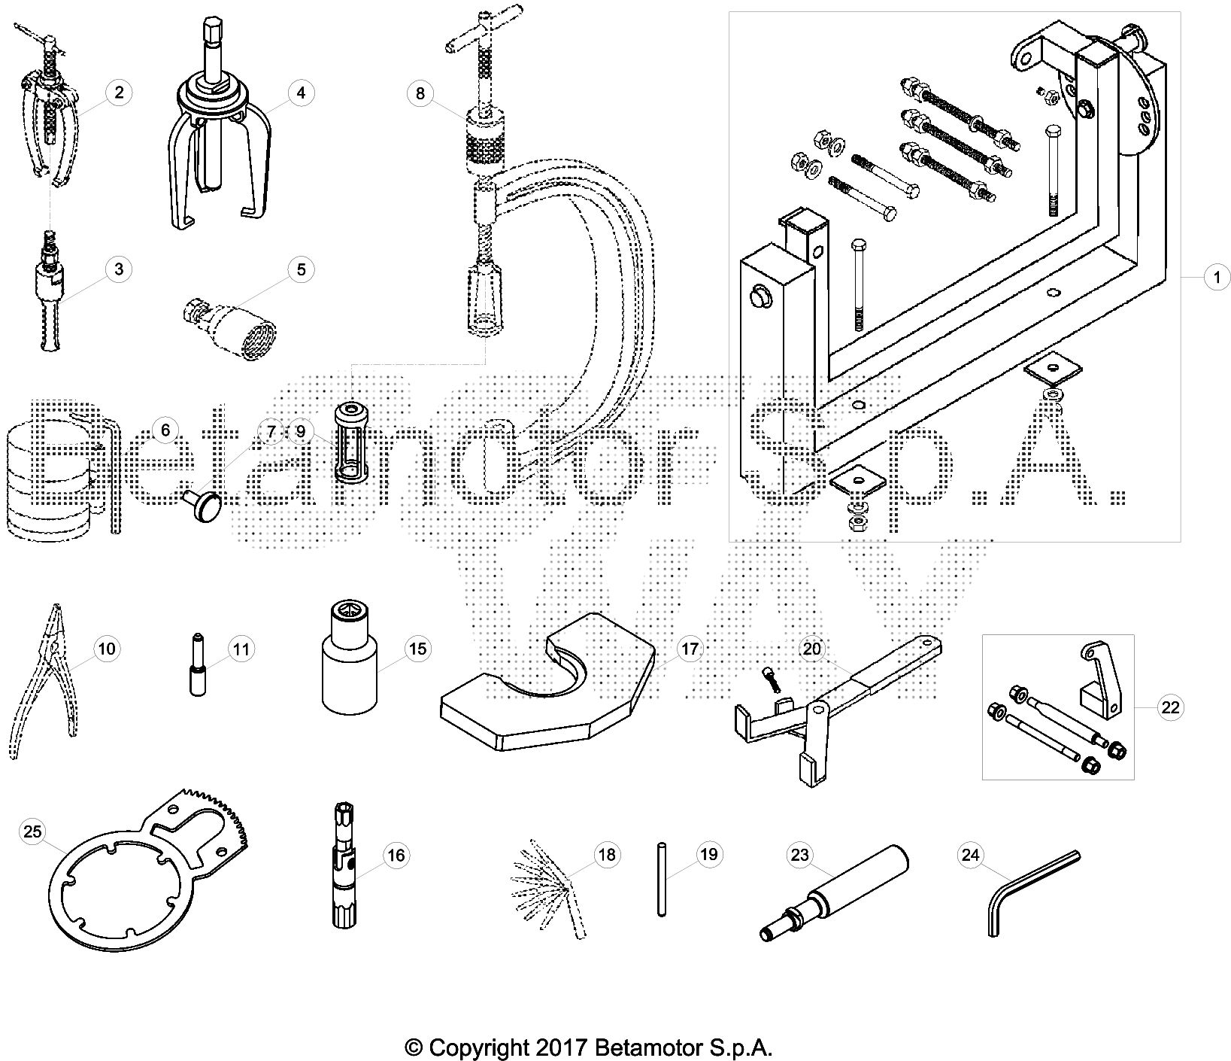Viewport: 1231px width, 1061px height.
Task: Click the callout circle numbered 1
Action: pyautogui.click(x=1216, y=278)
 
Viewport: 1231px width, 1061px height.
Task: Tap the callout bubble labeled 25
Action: pyautogui.click(x=32, y=831)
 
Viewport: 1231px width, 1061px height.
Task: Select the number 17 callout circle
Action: pyautogui.click(x=690, y=649)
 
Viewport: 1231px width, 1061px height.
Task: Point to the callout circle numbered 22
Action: pyautogui.click(x=1171, y=707)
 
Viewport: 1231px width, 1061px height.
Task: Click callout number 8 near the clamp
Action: pyautogui.click(x=420, y=93)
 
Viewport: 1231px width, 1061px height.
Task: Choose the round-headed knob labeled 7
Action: pyautogui.click(x=205, y=501)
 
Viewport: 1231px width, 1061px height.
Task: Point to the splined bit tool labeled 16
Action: pyautogui.click(x=341, y=865)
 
